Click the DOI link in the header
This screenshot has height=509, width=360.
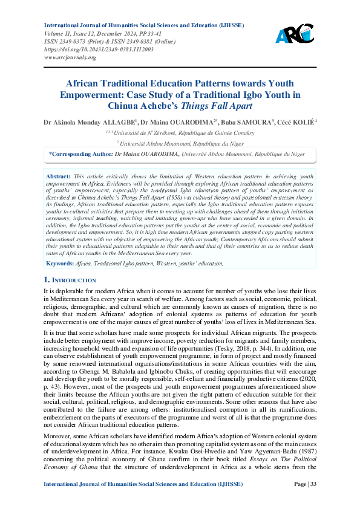pyautogui.click(x=99, y=50)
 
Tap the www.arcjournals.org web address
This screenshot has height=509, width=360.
pyautogui.click(x=70, y=57)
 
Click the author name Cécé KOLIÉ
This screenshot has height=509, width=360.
pyautogui.click(x=293, y=122)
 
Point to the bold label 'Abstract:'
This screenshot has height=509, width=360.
pyautogui.click(x=57, y=175)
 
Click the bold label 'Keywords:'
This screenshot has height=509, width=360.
pyautogui.click(x=59, y=264)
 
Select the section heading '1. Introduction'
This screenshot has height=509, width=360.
pyautogui.click(x=70, y=280)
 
